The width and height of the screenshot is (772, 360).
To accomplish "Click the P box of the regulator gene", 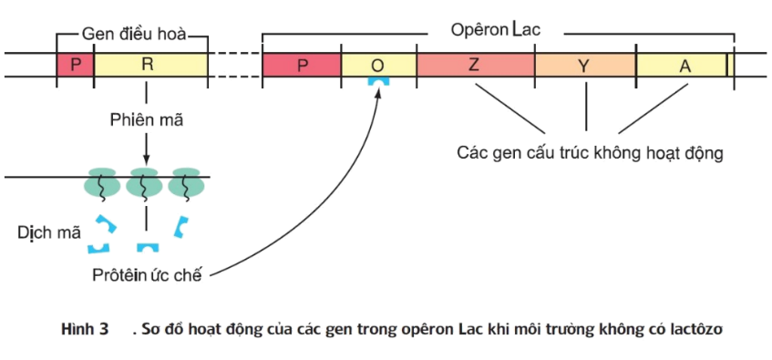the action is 75,64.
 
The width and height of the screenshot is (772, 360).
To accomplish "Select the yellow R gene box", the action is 150,64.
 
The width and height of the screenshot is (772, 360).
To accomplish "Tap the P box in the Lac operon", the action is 302,65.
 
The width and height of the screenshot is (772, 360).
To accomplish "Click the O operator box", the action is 379,65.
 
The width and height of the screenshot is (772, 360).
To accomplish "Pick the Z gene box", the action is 475,65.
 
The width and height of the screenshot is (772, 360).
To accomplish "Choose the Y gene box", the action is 584,65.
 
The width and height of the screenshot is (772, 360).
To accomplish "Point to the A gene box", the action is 681,65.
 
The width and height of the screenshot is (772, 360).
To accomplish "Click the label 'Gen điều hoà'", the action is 134,36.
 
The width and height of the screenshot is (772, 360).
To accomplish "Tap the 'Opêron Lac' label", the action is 496,29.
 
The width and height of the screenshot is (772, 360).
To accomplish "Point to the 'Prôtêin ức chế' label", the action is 146,274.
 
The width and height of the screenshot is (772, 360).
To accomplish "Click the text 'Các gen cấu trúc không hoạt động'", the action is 590,152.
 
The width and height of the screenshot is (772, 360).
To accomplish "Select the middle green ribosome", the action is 144,182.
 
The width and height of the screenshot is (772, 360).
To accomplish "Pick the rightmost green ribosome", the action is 185,182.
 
